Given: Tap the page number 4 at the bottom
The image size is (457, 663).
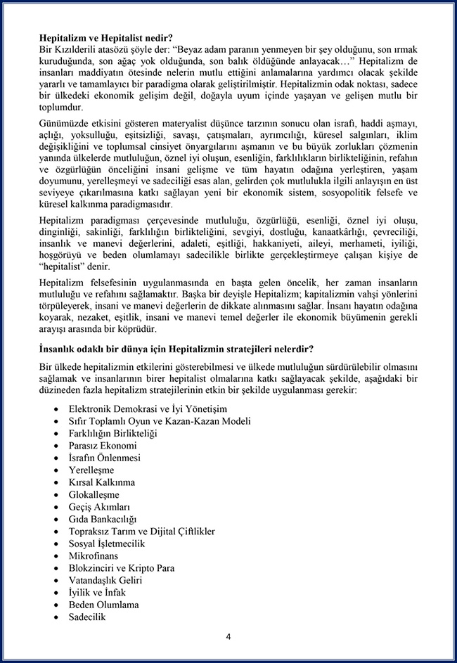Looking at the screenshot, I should (x=228, y=637).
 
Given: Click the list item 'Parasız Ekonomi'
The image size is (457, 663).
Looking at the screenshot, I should (x=103, y=446).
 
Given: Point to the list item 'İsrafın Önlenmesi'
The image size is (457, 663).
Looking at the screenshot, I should (x=105, y=458).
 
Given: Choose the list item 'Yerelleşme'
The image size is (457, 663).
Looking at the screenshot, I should (x=91, y=470).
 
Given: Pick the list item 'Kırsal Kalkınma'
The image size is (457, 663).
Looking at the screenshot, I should (x=102, y=482).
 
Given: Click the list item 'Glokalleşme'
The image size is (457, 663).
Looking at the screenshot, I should (x=94, y=494).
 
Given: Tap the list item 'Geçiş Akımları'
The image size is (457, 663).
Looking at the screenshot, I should (x=99, y=507).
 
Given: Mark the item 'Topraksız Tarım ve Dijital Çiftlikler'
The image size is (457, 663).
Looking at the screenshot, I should (x=142, y=532).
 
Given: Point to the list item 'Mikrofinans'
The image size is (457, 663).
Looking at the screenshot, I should (x=94, y=555).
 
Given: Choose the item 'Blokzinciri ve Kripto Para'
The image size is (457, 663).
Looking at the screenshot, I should (x=122, y=568).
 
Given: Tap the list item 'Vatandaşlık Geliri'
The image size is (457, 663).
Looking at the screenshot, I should (x=105, y=580).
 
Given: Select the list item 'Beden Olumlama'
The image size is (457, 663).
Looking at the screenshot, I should (x=103, y=605).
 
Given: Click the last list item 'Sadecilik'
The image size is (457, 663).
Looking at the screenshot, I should (x=87, y=617).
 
